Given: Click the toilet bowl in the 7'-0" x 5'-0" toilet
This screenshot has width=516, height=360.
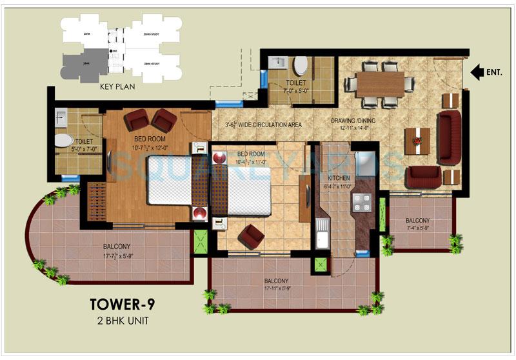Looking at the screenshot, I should [301, 66].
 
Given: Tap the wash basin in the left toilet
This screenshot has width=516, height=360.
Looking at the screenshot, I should [62, 117].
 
